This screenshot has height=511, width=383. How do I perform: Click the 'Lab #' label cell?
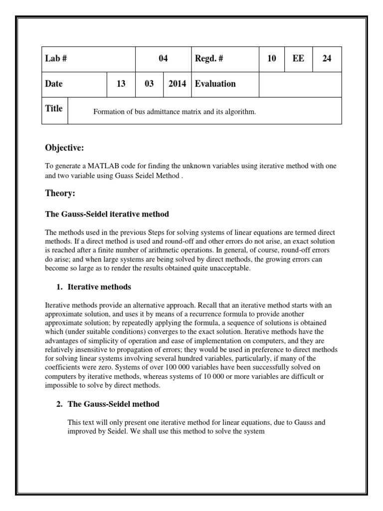point(56,59)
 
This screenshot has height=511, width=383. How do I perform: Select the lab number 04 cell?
point(163,59)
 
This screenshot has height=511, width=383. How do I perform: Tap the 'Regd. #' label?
point(209,59)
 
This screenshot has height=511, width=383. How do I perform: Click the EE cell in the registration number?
point(299,59)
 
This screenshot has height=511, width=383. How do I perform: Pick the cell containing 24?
point(327,59)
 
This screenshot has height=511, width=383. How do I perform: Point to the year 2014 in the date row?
point(177,84)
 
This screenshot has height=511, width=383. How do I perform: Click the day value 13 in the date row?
point(121,84)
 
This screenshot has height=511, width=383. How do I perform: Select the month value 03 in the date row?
point(149,84)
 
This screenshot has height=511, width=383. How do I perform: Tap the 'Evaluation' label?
point(215,84)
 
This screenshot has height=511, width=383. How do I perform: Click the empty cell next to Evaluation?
point(300,84)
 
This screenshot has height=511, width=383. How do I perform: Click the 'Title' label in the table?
point(54,108)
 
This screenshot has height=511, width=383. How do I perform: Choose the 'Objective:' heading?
point(64,148)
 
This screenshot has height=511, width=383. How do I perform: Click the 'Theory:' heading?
point(60,193)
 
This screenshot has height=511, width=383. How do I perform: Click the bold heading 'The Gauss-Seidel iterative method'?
point(107,214)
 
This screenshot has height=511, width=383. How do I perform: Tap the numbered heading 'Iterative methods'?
point(99,287)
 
